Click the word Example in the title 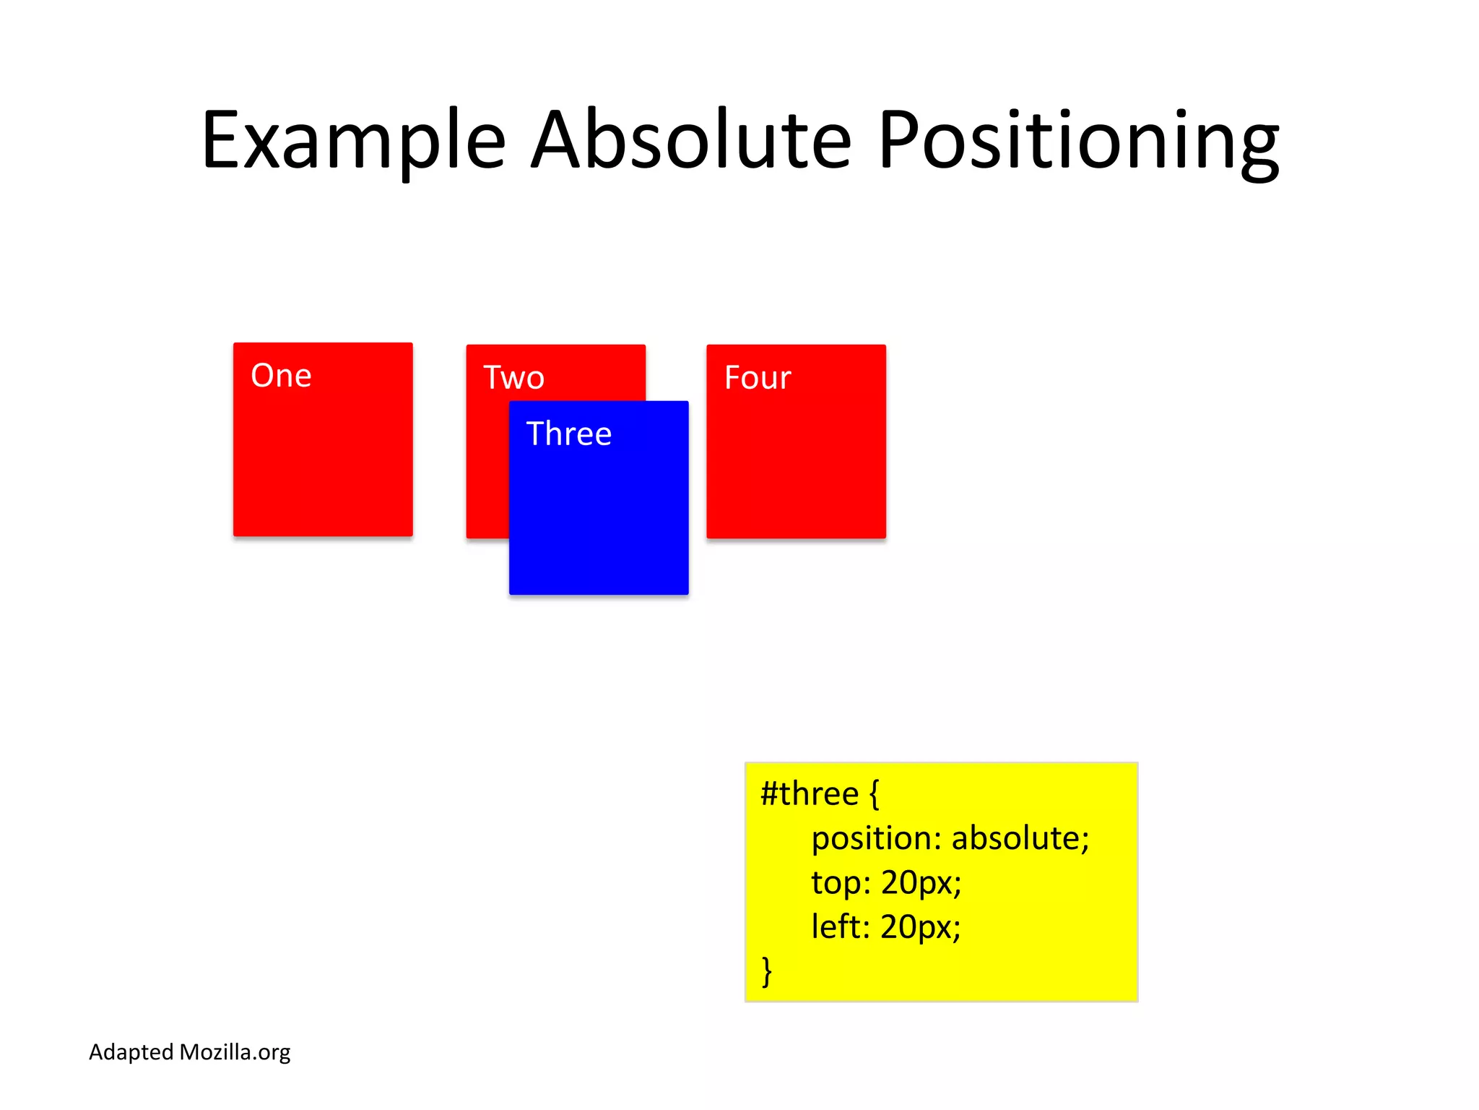353,141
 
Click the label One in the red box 281,376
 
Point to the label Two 513,378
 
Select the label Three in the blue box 569,434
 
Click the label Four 758,378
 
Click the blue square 599,520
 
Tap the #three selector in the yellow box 809,794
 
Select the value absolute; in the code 1020,838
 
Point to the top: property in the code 841,883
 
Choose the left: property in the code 840,927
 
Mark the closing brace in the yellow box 767,971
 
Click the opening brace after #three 874,794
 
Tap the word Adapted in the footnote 131,1052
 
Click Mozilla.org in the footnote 235,1052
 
